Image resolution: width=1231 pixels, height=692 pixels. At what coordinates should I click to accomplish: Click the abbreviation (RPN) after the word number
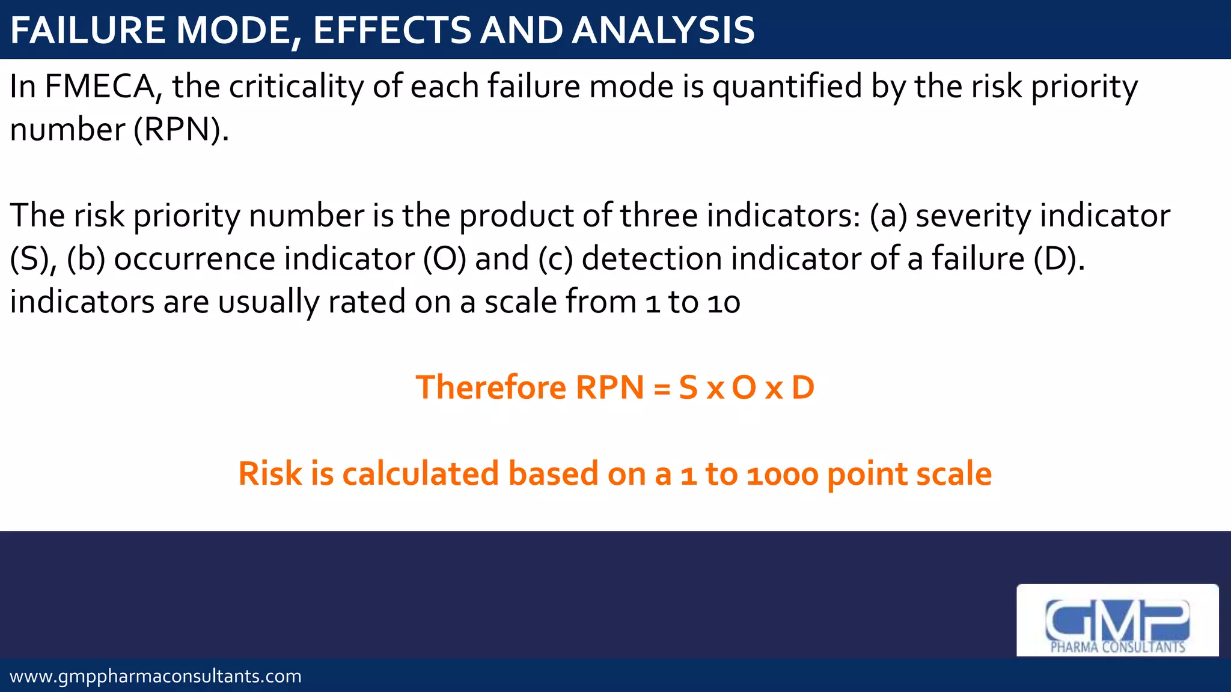click(x=181, y=130)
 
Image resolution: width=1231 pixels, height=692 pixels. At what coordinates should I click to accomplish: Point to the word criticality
click(x=296, y=86)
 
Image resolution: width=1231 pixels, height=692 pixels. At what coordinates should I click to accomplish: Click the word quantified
click(x=788, y=86)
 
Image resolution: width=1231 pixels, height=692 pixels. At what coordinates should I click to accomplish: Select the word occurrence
click(x=195, y=259)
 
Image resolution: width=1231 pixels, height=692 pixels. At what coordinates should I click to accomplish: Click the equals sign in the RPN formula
click(x=662, y=388)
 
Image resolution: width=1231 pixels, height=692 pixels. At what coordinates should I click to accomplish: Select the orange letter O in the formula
click(x=744, y=387)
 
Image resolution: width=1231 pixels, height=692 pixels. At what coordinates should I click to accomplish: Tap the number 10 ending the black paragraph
click(x=724, y=302)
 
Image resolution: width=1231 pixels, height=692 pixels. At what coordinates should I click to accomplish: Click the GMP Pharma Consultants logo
click(x=1117, y=621)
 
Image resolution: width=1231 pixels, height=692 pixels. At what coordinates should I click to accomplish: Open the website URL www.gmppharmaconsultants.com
click(x=156, y=676)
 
